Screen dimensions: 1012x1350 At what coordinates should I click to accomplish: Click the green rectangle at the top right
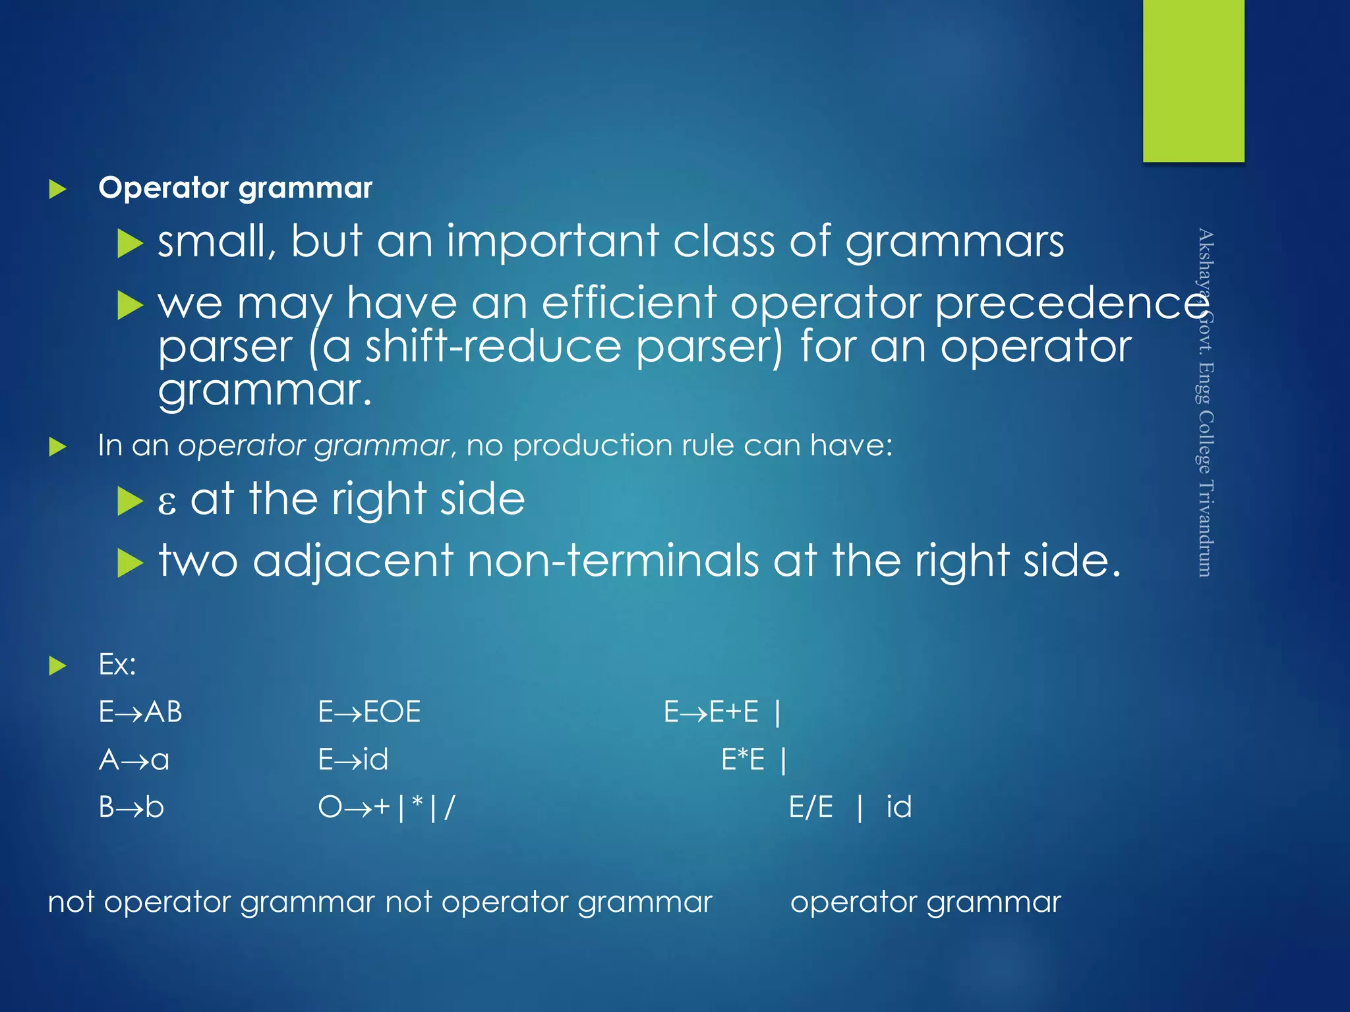click(1193, 80)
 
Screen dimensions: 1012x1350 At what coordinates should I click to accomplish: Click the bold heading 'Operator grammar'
click(235, 188)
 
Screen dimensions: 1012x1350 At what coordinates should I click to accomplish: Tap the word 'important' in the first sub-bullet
click(553, 241)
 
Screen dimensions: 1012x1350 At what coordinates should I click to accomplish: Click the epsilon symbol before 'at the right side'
click(167, 501)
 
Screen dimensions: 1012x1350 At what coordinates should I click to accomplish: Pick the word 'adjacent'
click(353, 561)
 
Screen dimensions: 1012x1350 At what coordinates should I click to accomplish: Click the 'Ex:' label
click(117, 664)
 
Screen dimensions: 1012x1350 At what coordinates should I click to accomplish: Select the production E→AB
click(140, 712)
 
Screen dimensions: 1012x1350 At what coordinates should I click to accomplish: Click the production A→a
click(134, 760)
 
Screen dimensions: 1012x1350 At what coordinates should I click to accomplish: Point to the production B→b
click(131, 807)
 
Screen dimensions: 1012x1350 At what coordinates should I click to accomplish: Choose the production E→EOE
click(369, 712)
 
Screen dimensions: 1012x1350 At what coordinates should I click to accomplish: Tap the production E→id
click(353, 760)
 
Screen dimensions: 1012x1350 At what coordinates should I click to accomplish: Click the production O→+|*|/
click(386, 807)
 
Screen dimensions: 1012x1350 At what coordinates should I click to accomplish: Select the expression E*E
click(743, 760)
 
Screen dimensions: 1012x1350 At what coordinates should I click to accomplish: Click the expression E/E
click(811, 807)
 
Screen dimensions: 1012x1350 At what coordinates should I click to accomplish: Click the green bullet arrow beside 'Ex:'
click(58, 665)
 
